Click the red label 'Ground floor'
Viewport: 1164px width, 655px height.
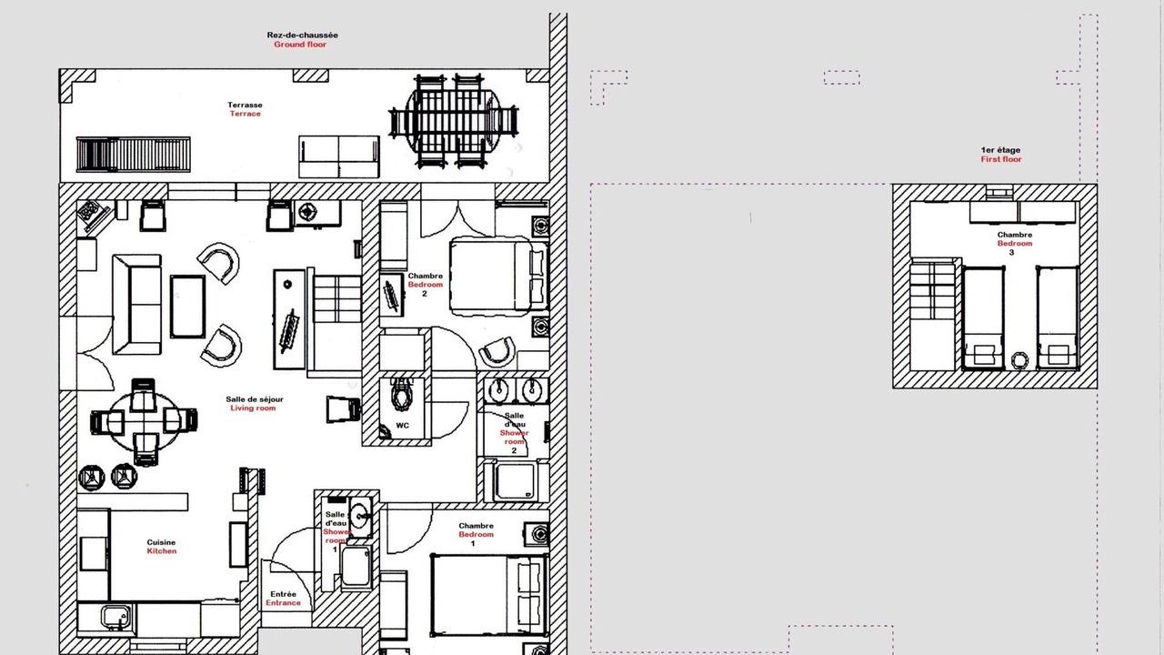coord(300,45)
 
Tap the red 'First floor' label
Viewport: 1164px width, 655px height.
coord(1001,159)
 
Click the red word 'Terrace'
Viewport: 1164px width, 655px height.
coord(246,114)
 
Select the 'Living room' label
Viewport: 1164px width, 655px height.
coord(253,408)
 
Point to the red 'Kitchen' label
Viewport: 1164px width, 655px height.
coord(162,551)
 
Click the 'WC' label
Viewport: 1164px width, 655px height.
coord(402,425)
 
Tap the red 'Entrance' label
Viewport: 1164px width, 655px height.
coord(283,603)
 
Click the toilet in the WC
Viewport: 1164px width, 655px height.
coord(401,394)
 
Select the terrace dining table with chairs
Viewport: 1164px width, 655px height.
coord(454,121)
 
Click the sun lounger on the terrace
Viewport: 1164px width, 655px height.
coord(134,155)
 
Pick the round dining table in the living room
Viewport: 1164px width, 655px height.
coord(144,421)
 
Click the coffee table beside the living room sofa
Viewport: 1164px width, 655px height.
coord(187,307)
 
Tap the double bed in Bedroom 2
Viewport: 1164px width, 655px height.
coord(499,277)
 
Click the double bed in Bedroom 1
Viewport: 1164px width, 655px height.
coord(489,595)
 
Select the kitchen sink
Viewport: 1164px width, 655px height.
coord(115,617)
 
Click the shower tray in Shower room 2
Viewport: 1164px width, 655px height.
coord(515,481)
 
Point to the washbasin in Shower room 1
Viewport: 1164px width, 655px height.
coord(360,517)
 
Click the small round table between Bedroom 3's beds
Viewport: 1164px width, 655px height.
coord(1020,360)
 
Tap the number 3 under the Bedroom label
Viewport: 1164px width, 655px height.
coord(1011,253)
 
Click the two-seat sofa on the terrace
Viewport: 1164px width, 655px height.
coord(339,156)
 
